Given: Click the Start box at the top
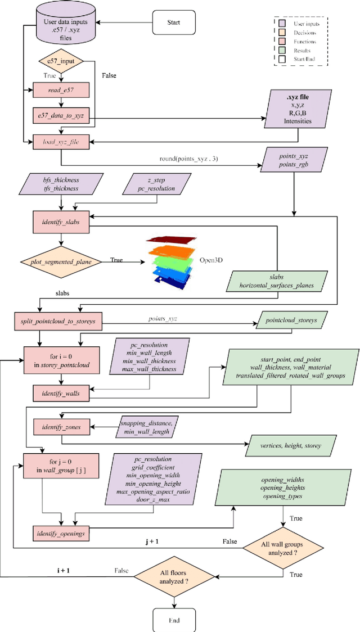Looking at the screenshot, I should [174, 23].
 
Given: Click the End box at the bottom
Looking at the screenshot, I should [174, 620].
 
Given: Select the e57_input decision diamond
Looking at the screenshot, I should [60, 61].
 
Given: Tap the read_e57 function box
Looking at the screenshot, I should [60, 89].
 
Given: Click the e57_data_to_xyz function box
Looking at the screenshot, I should [60, 116].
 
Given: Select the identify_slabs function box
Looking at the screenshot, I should [60, 222].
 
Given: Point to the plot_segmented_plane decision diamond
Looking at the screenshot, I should [60, 261].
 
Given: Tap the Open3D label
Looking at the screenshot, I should [210, 261].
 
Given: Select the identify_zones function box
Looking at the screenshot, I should [57, 427].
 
